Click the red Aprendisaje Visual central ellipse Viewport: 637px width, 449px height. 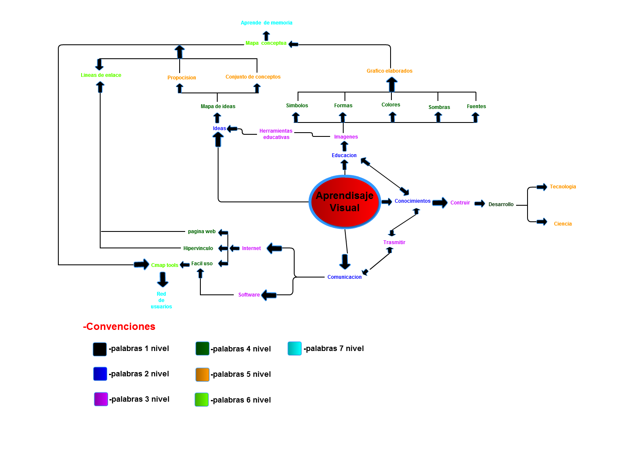[x=344, y=202]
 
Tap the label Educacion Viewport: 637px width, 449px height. [x=344, y=155]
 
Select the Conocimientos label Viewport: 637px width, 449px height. [x=413, y=201]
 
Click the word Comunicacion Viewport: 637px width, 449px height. [x=344, y=277]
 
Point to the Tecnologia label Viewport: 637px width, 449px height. [x=563, y=187]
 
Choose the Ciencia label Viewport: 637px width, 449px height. [x=563, y=224]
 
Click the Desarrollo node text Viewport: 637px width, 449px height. [x=501, y=204]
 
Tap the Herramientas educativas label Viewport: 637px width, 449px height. [x=276, y=134]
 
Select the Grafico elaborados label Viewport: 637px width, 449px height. [x=389, y=71]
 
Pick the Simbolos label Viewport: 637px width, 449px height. [x=297, y=106]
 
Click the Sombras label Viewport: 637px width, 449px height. [x=439, y=107]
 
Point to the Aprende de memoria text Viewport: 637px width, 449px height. [x=266, y=23]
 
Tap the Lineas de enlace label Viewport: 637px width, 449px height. [x=101, y=75]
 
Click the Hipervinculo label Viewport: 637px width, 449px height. [x=198, y=248]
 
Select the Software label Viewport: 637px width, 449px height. [x=249, y=295]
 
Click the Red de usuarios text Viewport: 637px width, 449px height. [x=161, y=300]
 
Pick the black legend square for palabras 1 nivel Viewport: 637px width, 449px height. [x=100, y=349]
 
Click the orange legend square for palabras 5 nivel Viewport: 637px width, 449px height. [x=202, y=375]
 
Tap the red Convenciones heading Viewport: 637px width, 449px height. [x=119, y=327]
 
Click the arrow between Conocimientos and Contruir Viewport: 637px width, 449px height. [x=440, y=203]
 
